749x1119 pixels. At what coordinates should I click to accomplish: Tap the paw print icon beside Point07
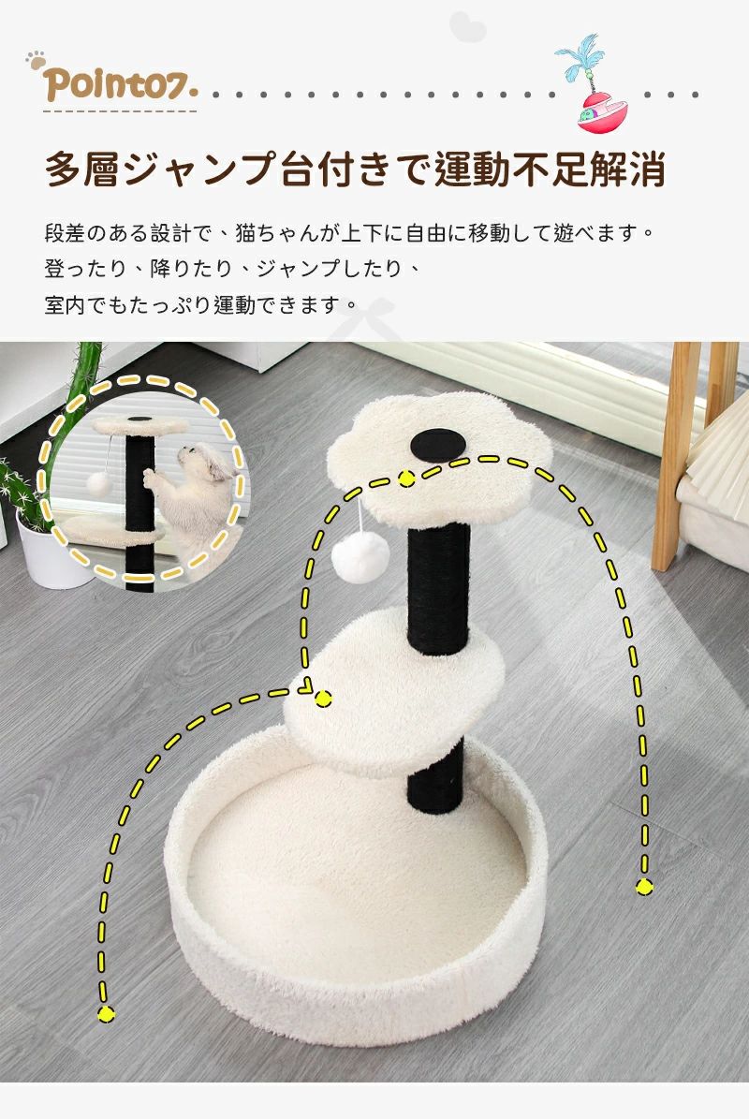35,61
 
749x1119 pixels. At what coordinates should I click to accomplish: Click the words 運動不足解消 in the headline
551,169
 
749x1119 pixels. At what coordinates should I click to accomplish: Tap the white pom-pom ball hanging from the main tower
360,556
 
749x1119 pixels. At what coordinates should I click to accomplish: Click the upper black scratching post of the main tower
439,586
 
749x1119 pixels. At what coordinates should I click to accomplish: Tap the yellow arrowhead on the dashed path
305,686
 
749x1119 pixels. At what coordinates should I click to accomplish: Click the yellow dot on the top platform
406,479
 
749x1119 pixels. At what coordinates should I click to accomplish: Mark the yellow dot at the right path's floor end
644,887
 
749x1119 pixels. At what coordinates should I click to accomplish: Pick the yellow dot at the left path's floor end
106,1012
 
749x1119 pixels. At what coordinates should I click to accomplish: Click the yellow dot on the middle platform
323,699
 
